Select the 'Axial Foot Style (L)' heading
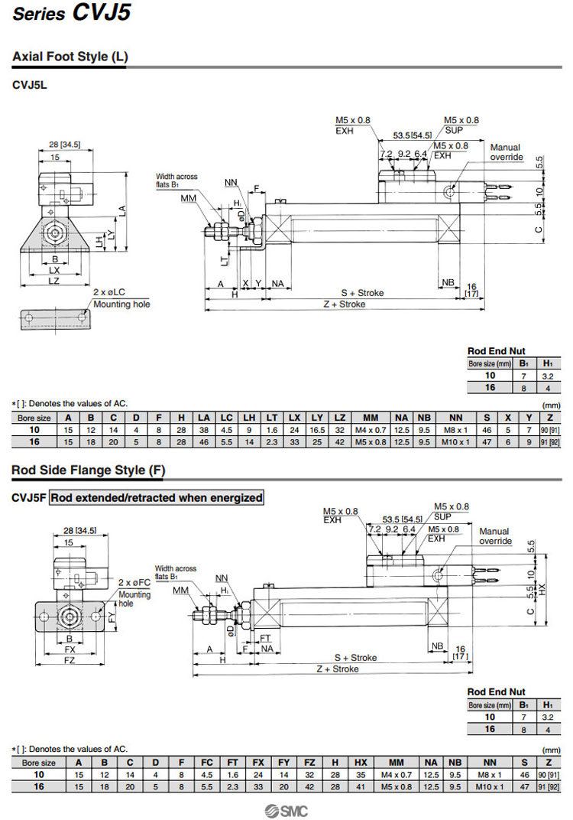(x=70, y=57)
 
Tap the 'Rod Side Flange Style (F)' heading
(x=88, y=470)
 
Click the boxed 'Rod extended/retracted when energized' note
(x=157, y=498)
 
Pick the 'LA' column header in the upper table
(x=203, y=418)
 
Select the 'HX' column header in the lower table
(x=361, y=763)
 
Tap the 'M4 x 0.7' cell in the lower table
(x=397, y=775)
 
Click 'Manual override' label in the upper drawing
(x=505, y=152)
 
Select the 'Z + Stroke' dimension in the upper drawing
(x=342, y=304)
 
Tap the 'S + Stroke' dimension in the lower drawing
(x=355, y=657)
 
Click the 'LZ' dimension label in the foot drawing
(x=54, y=282)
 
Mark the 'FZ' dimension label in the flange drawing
(x=70, y=659)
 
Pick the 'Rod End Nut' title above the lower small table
(x=497, y=692)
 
